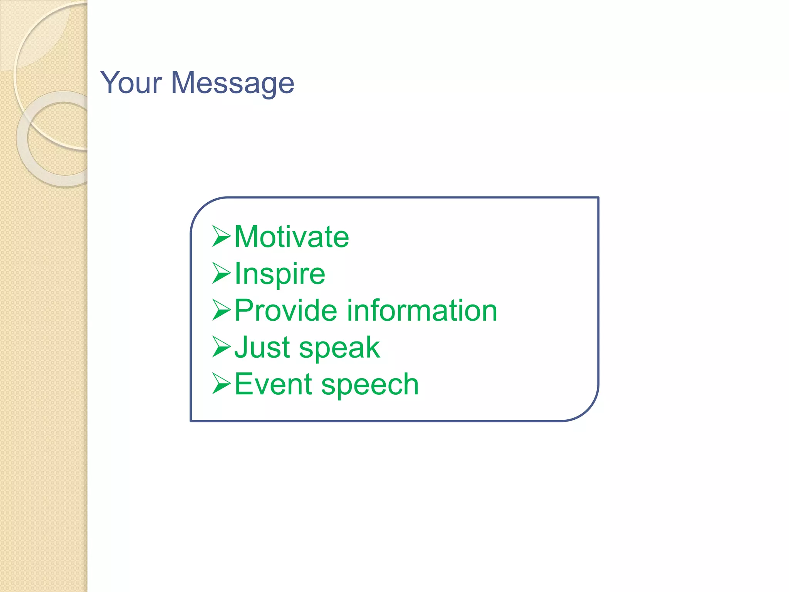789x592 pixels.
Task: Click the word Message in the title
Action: click(232, 83)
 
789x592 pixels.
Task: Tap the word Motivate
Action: click(292, 237)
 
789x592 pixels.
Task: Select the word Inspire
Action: click(280, 274)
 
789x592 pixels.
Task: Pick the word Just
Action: click(262, 347)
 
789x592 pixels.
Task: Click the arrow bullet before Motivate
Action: click(222, 236)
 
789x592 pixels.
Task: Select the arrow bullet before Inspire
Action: click(222, 273)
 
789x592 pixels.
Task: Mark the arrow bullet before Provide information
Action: click(222, 310)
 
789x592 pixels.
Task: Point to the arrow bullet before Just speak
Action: click(222, 347)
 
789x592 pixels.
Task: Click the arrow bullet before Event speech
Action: click(222, 384)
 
